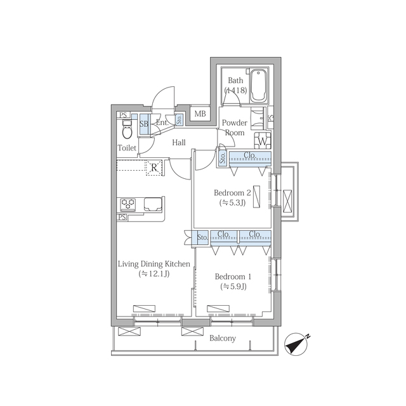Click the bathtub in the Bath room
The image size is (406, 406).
click(258, 86)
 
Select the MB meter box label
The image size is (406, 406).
click(200, 114)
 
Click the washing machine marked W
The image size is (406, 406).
click(263, 141)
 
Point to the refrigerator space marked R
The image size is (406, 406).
click(154, 167)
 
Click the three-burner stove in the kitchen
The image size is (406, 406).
click(128, 204)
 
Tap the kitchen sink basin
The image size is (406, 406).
click(154, 204)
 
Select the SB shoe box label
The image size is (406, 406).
click(144, 124)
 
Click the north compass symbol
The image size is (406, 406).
click(297, 344)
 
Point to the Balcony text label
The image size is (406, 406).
click(223, 338)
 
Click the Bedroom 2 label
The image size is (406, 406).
click(233, 193)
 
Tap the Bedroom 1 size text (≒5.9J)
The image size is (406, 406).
click(233, 287)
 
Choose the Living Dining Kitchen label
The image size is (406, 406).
click(154, 264)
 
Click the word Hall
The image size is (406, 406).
click(179, 142)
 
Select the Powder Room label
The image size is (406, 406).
click(235, 128)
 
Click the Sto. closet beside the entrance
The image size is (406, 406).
click(179, 119)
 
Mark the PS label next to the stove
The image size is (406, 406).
click(122, 217)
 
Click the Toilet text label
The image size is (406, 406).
click(127, 148)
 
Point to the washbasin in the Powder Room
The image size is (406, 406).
click(258, 119)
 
